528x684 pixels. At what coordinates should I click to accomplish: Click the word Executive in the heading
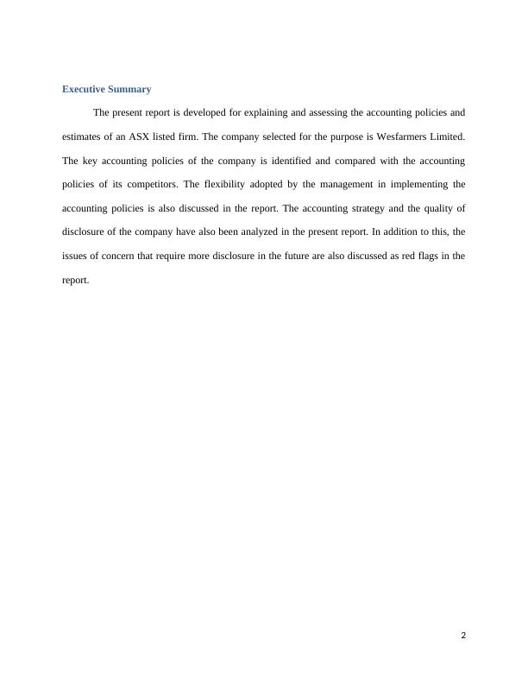coord(84,89)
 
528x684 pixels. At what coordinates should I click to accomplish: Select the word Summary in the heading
coord(129,89)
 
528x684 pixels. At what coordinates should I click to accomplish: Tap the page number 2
coord(463,636)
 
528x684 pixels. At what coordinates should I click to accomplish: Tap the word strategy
coord(374,208)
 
